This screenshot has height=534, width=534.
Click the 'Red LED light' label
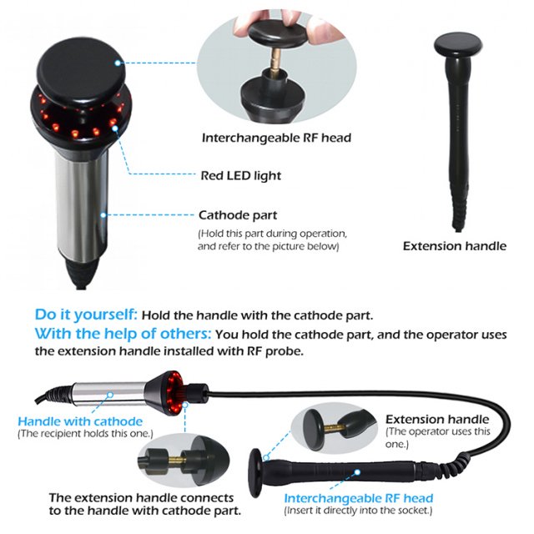click(241, 176)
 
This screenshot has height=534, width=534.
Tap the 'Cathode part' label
click(238, 215)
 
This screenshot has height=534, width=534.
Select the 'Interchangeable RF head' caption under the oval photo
click(276, 138)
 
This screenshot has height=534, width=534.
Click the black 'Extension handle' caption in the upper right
click(454, 246)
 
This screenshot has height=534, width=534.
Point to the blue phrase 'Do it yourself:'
click(86, 315)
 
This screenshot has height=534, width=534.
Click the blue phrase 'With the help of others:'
click(123, 334)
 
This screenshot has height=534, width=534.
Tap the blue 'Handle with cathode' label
click(80, 421)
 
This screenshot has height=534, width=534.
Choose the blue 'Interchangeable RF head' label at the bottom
click(359, 498)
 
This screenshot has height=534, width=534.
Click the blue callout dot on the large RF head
click(118, 63)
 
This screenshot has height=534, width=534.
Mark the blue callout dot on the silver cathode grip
click(103, 215)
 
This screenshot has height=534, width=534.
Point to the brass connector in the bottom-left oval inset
click(176, 461)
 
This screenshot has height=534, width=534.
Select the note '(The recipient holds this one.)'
click(85, 434)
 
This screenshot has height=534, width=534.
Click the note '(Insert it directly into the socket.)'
click(358, 511)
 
